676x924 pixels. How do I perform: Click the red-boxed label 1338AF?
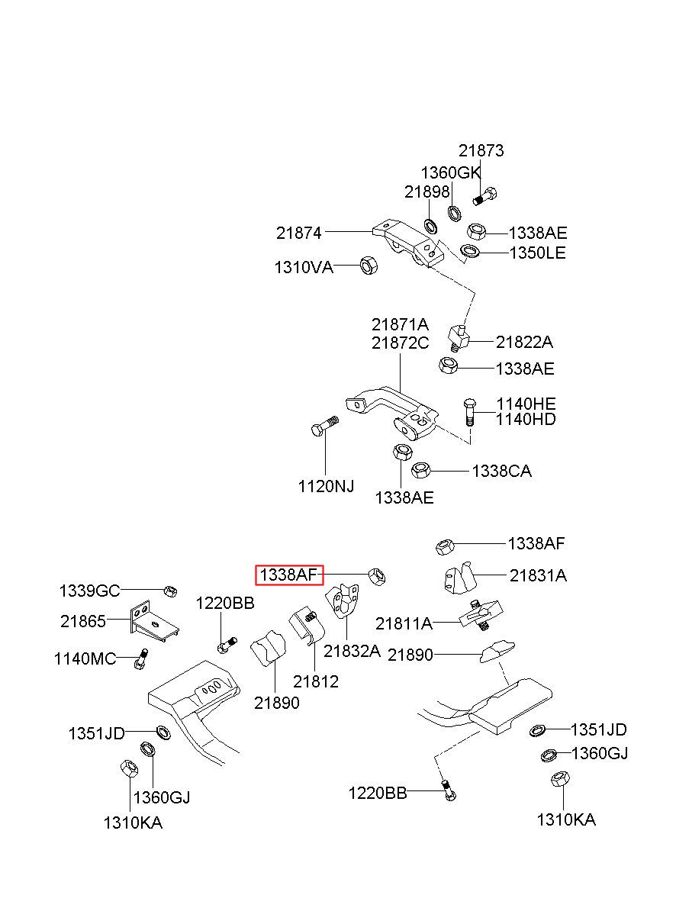coord(288,575)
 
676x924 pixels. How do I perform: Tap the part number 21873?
coord(481,150)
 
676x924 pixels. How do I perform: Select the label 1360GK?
coord(451,173)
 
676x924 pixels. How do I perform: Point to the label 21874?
coord(298,233)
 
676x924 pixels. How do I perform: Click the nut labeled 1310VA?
coord(369,265)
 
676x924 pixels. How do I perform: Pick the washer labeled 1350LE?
coord(469,250)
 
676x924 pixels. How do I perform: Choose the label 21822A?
coord(524,342)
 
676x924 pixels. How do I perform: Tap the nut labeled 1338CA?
coord(421,470)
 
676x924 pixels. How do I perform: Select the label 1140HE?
coord(526,404)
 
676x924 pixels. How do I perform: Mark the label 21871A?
coord(400,324)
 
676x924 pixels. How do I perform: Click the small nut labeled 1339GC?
coord(170,591)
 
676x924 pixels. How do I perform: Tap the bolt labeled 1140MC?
coord(140,658)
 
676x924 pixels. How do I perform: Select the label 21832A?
coord(352,651)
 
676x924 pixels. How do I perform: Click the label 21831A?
coord(538,575)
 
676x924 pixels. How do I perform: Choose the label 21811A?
coord(404,623)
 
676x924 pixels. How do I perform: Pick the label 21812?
coord(316,681)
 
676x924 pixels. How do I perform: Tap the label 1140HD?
coord(526,419)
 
